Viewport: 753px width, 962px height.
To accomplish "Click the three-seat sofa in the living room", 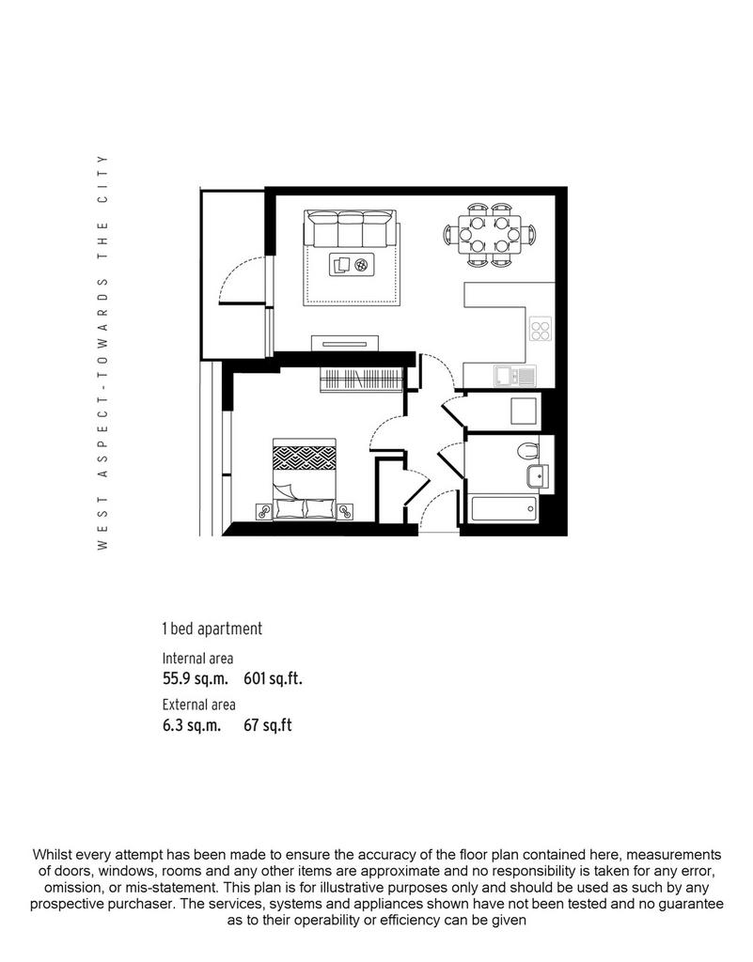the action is point(351,228).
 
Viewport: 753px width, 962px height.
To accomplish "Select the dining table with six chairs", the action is point(489,234).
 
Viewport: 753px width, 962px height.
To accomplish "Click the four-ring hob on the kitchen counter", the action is point(541,330).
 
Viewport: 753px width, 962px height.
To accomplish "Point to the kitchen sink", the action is point(515,376).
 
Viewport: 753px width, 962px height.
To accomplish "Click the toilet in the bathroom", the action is point(527,450).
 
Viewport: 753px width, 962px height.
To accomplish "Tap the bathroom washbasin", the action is point(538,476).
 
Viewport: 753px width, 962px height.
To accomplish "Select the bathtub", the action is point(504,509).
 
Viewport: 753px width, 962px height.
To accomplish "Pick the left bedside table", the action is point(264,511).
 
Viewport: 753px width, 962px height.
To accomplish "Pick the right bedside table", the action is point(345,511).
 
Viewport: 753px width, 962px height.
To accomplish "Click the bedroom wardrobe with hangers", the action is point(361,380).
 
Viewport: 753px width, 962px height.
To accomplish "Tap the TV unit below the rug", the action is point(345,344).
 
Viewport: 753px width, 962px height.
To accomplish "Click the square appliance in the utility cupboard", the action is point(524,411).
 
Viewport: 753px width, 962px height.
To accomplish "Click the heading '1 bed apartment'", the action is point(212,628).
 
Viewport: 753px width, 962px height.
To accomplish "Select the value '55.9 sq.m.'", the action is point(196,678).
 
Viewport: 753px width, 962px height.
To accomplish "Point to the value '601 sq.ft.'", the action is point(274,678).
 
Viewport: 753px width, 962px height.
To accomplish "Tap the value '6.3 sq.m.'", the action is point(192,725).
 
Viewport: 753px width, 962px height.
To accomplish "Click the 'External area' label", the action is point(199,705).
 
